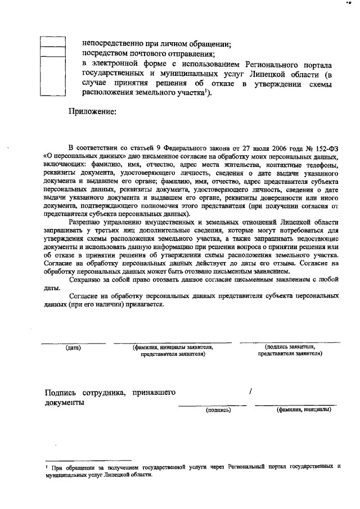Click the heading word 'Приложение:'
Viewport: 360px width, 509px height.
click(91, 112)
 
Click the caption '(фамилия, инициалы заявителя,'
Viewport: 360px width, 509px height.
click(173, 348)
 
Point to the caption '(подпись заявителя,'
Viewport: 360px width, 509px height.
click(289, 348)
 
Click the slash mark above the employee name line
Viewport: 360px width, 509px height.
click(250, 391)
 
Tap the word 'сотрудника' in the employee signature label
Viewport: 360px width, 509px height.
click(103, 392)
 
